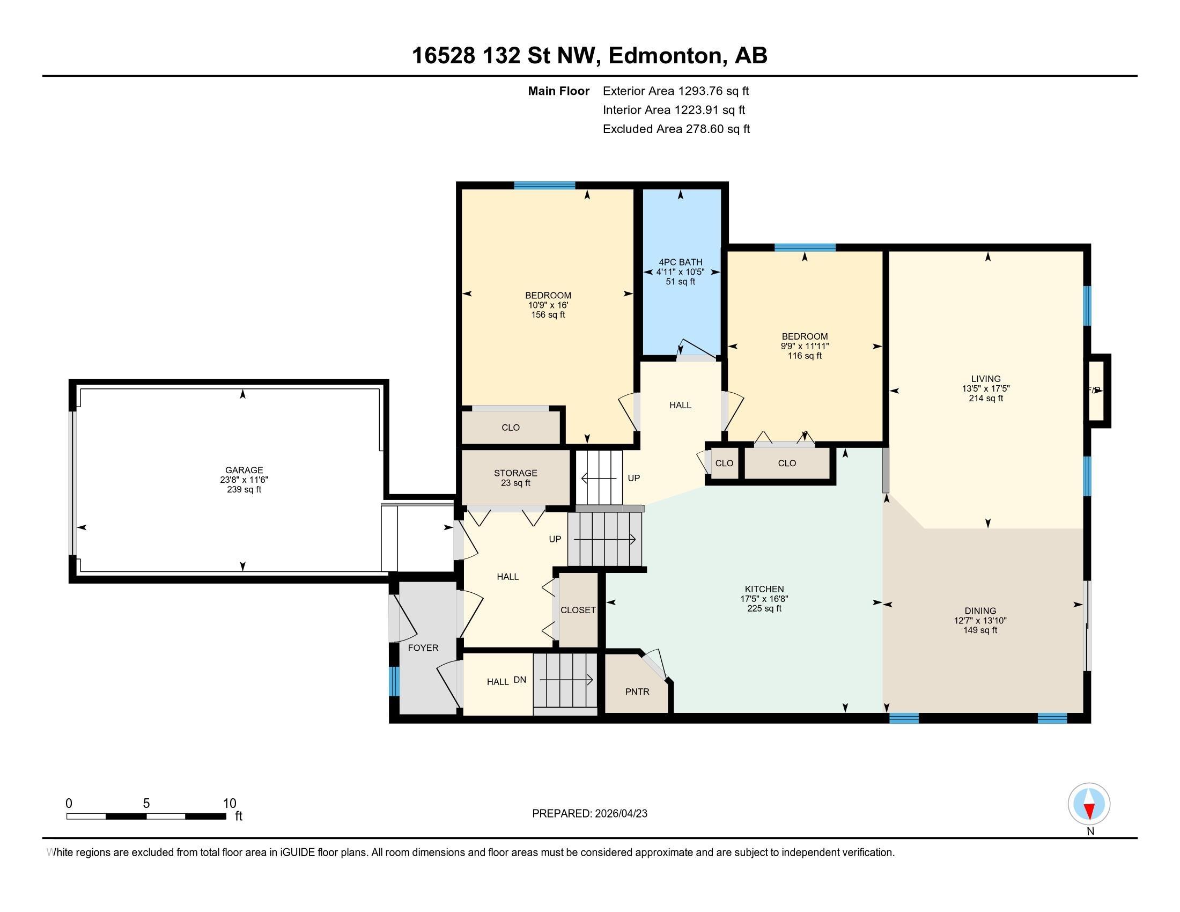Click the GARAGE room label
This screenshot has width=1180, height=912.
[244, 470]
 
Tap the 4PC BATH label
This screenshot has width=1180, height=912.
[680, 262]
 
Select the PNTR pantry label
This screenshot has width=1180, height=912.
[637, 692]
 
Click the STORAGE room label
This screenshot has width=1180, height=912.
[515, 473]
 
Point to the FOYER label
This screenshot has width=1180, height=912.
[423, 648]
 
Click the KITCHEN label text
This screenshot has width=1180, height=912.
[764, 589]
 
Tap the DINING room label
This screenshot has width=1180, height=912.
[980, 611]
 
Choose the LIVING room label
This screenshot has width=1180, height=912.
[985, 379]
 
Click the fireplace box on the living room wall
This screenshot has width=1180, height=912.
[1098, 391]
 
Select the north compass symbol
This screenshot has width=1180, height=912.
[1089, 804]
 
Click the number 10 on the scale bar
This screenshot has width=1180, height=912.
[230, 804]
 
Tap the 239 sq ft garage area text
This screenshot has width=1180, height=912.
[244, 489]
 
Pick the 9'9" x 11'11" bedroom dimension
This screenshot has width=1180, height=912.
[805, 347]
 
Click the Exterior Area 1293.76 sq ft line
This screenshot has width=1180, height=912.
[676, 91]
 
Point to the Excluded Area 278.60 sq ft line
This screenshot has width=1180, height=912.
[676, 129]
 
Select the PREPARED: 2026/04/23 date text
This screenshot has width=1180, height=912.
[589, 813]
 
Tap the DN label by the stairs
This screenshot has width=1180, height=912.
[520, 680]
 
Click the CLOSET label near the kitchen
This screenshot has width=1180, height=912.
[578, 610]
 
